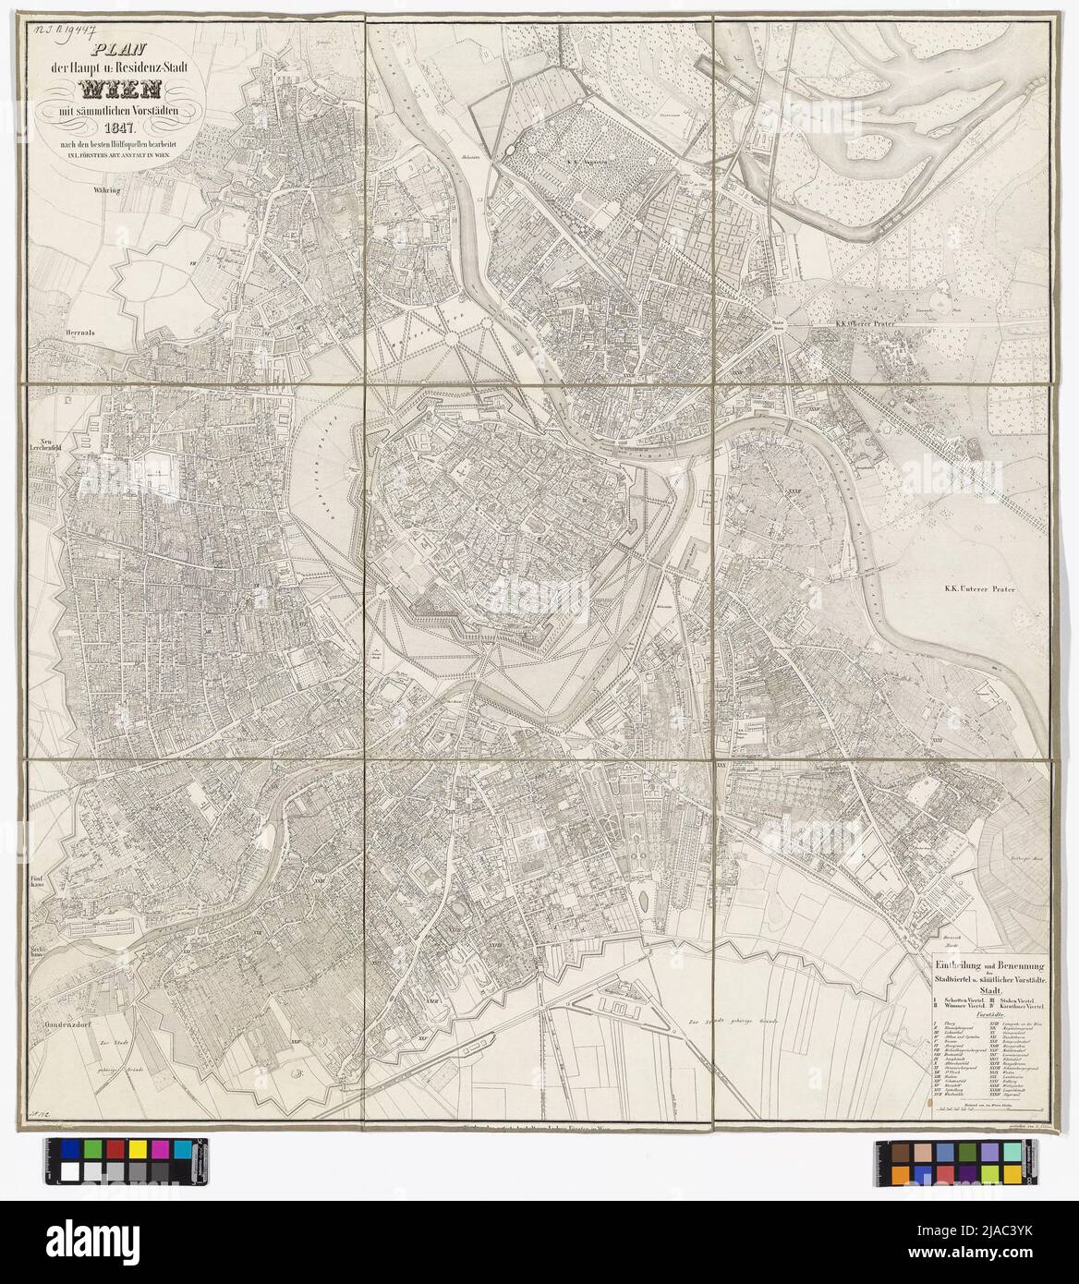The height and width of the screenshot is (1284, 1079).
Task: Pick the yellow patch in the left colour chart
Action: click(137, 1147)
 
